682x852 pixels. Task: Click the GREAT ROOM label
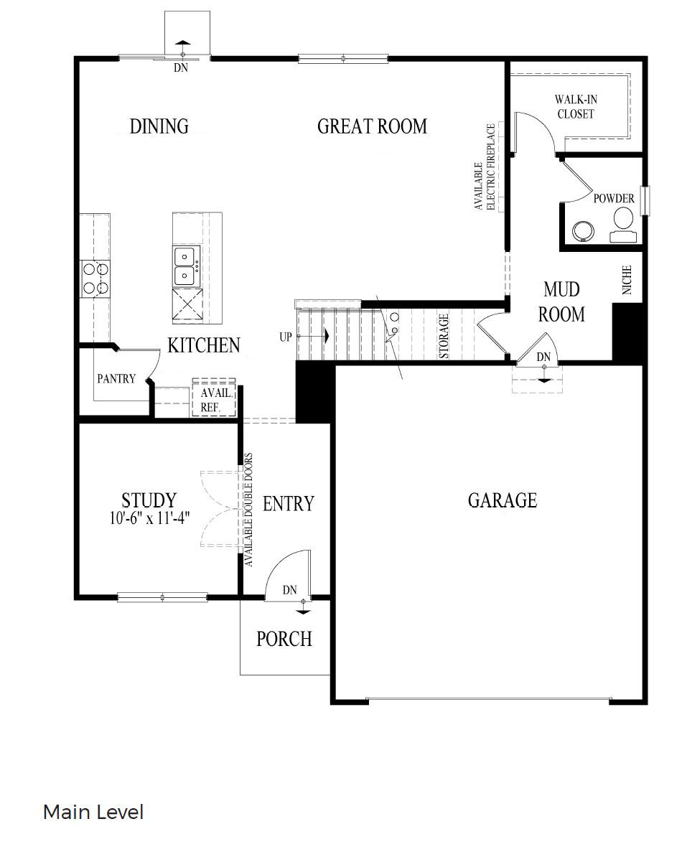tap(372, 127)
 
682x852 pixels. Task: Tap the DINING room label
tap(159, 126)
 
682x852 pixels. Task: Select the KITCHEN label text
tap(203, 345)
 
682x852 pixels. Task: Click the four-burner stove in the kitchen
tap(95, 278)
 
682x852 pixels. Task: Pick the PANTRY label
tap(116, 378)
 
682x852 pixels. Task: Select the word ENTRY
tap(288, 504)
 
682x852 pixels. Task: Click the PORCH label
tap(284, 638)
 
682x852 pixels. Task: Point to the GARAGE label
tap(502, 500)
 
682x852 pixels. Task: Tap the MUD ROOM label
tap(562, 302)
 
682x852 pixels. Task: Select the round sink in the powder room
tap(582, 230)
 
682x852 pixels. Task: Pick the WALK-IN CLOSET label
tap(575, 106)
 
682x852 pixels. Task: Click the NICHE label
tap(627, 281)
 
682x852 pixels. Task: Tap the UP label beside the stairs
tap(286, 337)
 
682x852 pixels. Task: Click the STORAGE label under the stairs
tap(444, 336)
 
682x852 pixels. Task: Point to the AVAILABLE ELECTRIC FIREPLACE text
tap(485, 167)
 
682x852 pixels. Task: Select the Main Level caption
tap(93, 813)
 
